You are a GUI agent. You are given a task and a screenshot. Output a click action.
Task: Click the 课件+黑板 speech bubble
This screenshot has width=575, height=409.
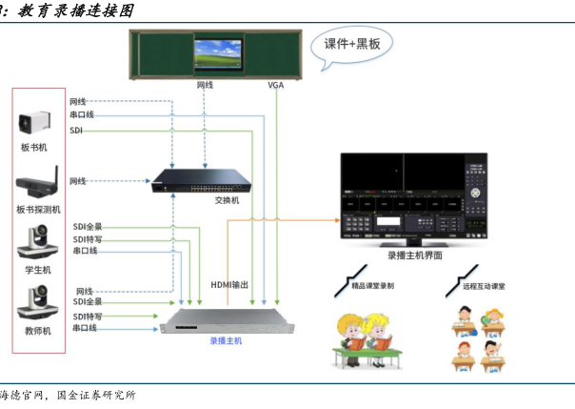pyautogui.click(x=352, y=46)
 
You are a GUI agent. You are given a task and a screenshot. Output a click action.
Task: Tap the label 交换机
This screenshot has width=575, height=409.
pyautogui.click(x=227, y=200)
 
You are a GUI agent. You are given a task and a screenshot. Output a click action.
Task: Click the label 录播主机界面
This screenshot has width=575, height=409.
pyautogui.click(x=414, y=256)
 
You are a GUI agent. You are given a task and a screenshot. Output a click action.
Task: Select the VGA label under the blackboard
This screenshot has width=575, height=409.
pyautogui.click(x=276, y=85)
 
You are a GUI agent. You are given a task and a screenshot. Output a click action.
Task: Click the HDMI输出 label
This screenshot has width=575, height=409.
pyautogui.click(x=229, y=285)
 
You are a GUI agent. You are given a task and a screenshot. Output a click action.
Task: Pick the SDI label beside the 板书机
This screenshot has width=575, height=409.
pyautogui.click(x=77, y=130)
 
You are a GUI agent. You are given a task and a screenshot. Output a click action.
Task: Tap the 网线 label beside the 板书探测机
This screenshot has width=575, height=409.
pyautogui.click(x=78, y=180)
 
